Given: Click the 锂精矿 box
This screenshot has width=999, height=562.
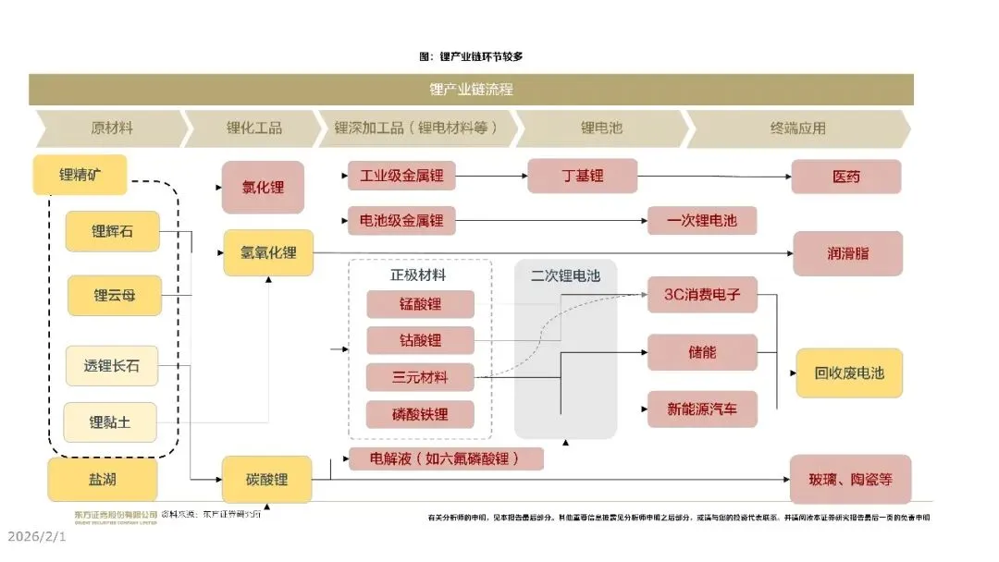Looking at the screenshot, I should [80, 175].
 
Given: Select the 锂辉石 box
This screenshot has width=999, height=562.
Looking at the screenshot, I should [112, 231].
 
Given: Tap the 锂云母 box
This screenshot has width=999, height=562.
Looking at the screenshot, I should [115, 296].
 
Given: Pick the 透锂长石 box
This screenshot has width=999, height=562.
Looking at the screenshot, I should [112, 365].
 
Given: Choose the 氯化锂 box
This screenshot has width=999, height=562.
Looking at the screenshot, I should [263, 187].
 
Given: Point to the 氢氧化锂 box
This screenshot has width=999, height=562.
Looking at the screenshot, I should [268, 252].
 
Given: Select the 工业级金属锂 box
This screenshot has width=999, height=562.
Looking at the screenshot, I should [401, 175].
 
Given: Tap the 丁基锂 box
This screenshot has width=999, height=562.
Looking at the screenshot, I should [582, 175].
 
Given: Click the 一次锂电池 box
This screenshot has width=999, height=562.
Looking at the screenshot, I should [702, 220].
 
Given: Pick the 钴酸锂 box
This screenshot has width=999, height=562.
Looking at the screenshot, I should [420, 340].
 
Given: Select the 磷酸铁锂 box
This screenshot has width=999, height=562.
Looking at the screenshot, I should [420, 413].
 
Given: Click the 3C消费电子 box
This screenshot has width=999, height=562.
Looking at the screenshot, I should [702, 295].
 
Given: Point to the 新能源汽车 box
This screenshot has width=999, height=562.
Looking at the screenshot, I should [702, 409].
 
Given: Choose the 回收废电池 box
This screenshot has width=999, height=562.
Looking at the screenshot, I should [849, 373].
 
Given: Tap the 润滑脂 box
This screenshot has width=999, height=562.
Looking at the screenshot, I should [847, 252].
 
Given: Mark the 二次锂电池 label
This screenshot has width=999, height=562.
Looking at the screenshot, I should [565, 275].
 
